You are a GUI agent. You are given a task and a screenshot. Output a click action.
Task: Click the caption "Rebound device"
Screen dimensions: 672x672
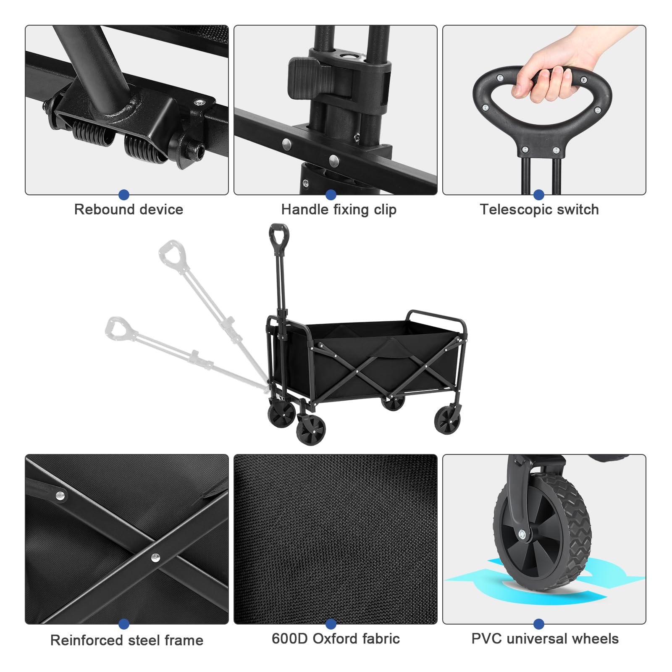coord(129,209)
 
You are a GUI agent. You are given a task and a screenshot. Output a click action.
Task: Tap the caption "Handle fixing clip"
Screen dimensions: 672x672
coord(339,210)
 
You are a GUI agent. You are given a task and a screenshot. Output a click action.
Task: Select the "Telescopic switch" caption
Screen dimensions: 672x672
coord(539,210)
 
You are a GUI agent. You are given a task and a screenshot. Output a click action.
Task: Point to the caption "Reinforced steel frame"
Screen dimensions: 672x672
coord(127,640)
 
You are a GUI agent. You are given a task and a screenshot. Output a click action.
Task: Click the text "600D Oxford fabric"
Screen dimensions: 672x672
coord(336,638)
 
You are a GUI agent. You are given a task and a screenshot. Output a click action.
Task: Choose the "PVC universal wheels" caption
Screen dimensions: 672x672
coord(545,638)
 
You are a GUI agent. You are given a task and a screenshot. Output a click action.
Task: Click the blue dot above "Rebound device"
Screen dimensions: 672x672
coord(124,194)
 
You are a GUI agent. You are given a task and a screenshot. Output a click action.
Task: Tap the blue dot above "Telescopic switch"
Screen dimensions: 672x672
coord(539,194)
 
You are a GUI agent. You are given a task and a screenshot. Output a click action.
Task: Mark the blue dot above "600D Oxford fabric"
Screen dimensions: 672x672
coord(331,624)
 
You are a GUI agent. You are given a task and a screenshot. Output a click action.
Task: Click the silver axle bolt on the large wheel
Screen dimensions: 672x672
coord(522,534)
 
